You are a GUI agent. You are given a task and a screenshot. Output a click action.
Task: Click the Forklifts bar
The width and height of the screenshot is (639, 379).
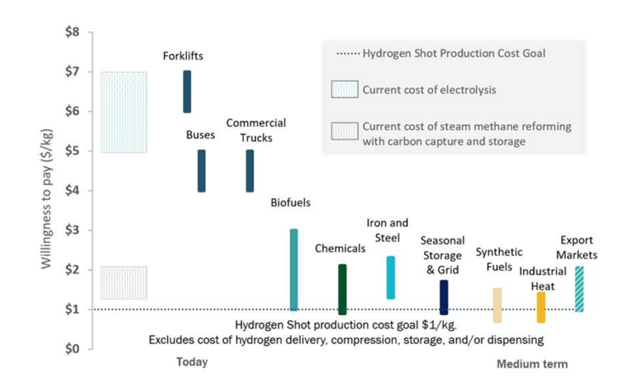pyautogui.click(x=187, y=91)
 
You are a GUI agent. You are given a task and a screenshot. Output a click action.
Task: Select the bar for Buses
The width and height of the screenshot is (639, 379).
pyautogui.click(x=202, y=171)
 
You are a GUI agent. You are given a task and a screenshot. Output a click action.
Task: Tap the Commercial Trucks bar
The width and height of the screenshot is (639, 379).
pyautogui.click(x=250, y=171)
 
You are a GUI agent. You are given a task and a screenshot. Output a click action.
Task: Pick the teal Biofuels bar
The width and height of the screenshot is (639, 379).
pyautogui.click(x=294, y=269)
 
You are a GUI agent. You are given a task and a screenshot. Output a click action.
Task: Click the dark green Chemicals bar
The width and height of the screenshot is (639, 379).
pyautogui.click(x=342, y=289)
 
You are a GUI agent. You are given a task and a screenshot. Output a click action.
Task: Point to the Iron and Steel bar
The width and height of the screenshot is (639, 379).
pyautogui.click(x=391, y=277)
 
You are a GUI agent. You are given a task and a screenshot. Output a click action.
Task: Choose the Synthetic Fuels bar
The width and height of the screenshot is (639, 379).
pyautogui.click(x=497, y=305)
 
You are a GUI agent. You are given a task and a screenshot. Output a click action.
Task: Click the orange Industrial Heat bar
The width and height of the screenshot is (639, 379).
pyautogui.click(x=541, y=307)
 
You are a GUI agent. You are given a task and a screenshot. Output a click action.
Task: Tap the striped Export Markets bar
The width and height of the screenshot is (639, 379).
pyautogui.click(x=579, y=289)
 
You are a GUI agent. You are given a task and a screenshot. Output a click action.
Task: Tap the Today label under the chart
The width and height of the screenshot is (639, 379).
pyautogui.click(x=192, y=362)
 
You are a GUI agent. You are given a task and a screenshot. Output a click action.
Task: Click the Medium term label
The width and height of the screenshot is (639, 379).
pyautogui.click(x=532, y=364)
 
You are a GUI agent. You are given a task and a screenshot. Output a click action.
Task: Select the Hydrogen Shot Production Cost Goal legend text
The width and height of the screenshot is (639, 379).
pyautogui.click(x=454, y=54)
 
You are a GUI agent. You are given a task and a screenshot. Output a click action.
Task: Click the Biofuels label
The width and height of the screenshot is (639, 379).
pyautogui.click(x=290, y=203)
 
